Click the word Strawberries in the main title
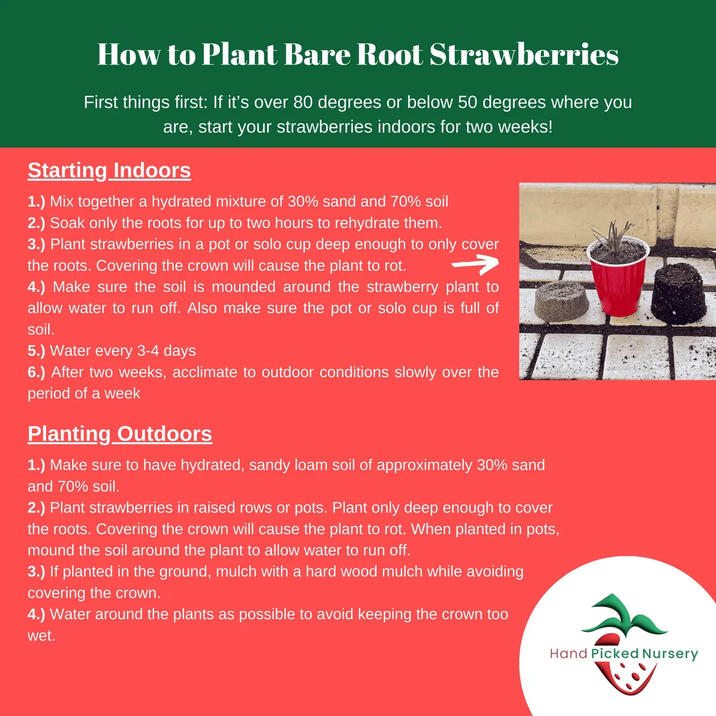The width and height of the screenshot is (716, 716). pyautogui.click(x=524, y=54)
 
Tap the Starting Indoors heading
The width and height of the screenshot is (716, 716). pyautogui.click(x=109, y=171)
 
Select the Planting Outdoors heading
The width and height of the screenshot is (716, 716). pyautogui.click(x=119, y=434)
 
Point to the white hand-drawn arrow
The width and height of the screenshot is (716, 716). pyautogui.click(x=475, y=263)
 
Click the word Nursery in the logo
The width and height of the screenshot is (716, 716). pyautogui.click(x=669, y=654)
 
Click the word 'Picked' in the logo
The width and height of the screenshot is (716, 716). pyautogui.click(x=615, y=654)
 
